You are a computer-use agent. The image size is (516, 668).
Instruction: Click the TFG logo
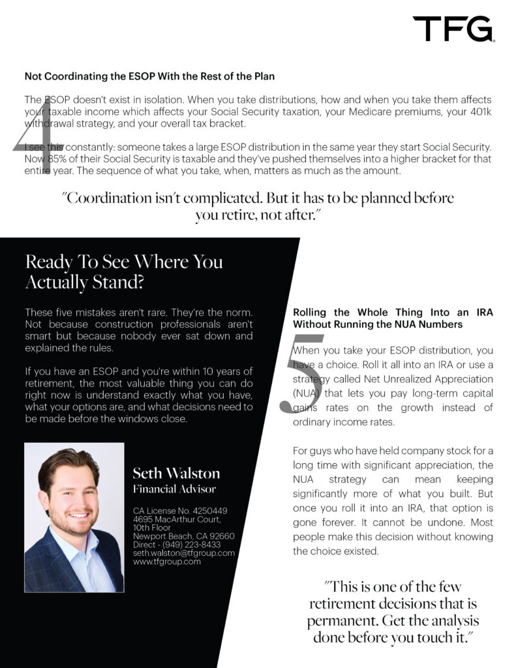pos(453,29)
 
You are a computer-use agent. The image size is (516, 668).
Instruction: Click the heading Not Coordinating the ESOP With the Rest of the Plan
pos(149,76)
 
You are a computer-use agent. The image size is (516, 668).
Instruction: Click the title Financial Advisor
pos(174,489)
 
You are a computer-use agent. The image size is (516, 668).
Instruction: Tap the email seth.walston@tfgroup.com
pos(183,553)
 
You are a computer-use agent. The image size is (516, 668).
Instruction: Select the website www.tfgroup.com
pos(166,561)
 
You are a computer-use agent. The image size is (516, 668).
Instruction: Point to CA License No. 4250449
pos(179,510)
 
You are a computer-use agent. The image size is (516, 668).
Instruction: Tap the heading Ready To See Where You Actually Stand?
pos(124,271)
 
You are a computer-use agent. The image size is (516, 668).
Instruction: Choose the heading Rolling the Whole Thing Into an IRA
pos(393,318)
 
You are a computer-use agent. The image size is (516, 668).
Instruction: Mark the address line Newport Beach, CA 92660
pos(183,536)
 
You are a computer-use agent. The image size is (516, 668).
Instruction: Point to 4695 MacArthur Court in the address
pos(176,519)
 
